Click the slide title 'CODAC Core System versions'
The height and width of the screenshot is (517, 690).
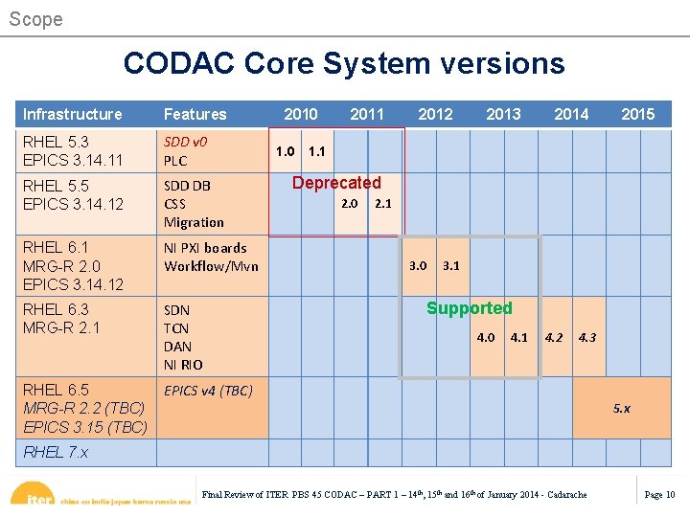click(344, 64)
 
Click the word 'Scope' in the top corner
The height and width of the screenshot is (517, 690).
click(35, 19)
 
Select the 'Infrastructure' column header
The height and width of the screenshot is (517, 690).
click(73, 114)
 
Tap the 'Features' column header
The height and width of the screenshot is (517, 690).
click(195, 114)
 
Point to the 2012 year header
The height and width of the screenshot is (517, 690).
click(435, 114)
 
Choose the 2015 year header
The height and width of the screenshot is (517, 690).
click(637, 114)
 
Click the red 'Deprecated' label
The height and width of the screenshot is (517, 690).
click(336, 183)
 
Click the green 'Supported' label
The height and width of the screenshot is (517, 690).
click(470, 308)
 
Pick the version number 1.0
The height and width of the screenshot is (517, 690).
click(285, 151)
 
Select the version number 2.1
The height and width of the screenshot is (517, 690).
click(383, 204)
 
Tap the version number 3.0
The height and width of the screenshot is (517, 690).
click(418, 265)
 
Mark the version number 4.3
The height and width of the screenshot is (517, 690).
click(587, 337)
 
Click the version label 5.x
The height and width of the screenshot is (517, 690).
click(622, 409)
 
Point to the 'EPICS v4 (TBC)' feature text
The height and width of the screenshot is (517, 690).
click(208, 391)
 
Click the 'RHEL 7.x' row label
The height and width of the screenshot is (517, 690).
click(56, 452)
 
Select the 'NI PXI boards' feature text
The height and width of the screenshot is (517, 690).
click(205, 248)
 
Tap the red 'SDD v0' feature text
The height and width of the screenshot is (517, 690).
click(185, 142)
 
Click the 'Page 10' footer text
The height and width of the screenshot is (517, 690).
click(659, 495)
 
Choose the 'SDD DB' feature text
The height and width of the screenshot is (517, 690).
click(187, 186)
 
